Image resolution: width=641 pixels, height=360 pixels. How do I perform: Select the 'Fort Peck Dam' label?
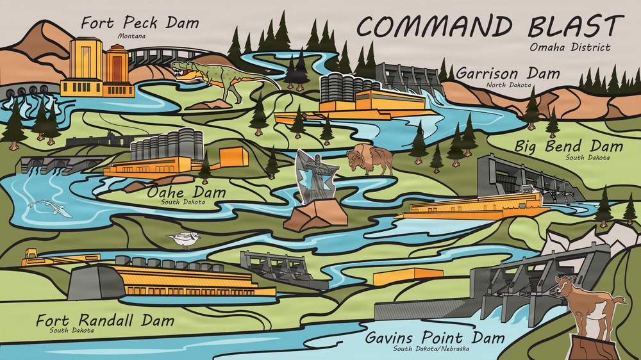(140, 24)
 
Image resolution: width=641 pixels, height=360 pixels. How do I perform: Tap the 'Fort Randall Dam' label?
(104, 320)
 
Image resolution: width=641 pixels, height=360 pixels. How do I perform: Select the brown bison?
(370, 160)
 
